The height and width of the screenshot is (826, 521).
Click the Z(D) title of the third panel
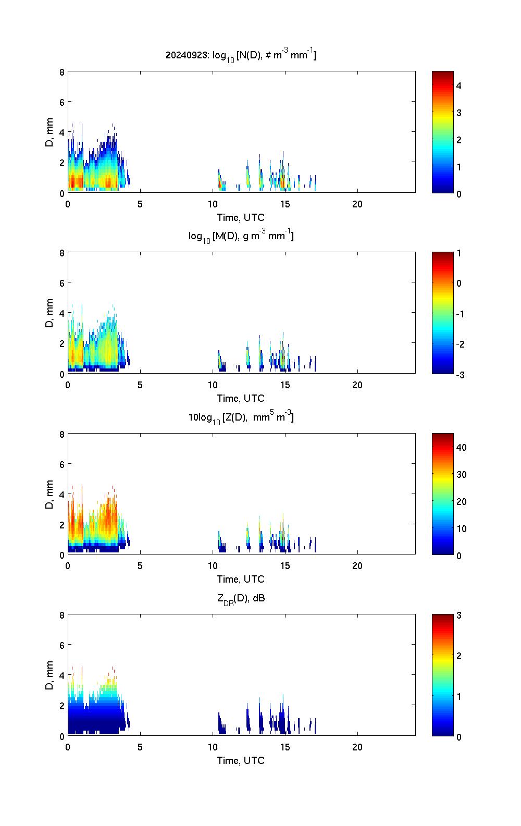point(241,417)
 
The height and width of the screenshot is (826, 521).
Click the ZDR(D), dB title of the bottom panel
point(241,598)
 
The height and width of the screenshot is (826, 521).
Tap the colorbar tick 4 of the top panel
point(459,85)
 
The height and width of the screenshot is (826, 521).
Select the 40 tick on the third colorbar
point(461,447)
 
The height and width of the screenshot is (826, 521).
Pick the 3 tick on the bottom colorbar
point(459,615)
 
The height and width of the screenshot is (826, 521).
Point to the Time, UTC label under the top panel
point(241,217)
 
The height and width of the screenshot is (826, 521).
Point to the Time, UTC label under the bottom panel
point(241,760)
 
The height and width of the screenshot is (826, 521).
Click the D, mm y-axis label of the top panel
point(50,132)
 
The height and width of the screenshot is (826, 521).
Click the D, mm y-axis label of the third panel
point(50,494)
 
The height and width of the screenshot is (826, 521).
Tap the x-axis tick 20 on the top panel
point(357,204)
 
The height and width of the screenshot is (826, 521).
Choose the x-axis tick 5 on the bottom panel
point(140,747)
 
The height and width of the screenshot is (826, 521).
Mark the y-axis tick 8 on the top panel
point(62,72)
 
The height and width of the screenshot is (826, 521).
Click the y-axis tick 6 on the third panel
point(62,464)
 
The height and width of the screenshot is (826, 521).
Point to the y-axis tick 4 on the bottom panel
point(62,675)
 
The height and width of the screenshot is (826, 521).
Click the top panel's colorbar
point(442,132)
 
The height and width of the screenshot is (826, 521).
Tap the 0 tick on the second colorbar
point(459,283)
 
